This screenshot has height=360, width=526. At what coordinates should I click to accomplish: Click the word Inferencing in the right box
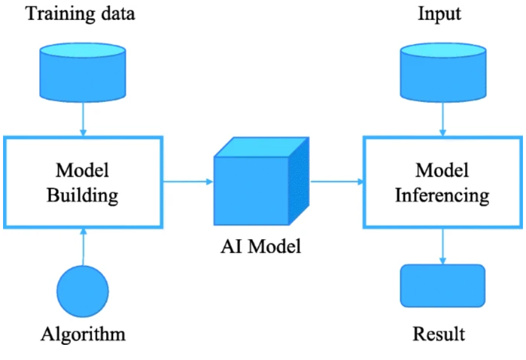(x=442, y=195)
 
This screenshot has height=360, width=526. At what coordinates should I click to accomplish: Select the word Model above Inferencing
(x=442, y=171)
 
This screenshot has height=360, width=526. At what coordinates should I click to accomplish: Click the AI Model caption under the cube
(x=262, y=246)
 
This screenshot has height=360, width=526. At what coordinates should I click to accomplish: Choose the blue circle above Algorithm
(x=83, y=291)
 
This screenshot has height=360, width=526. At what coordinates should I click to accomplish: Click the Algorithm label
(x=83, y=333)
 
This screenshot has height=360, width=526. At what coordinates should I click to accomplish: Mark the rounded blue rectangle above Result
(x=442, y=285)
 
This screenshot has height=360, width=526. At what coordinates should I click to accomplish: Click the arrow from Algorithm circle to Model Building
(x=83, y=246)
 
